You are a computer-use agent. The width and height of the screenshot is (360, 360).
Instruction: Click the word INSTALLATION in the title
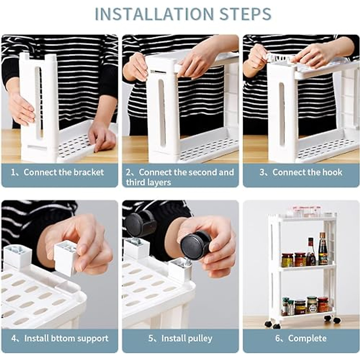tap(154, 14)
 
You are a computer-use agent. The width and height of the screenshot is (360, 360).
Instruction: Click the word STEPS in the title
tap(245, 14)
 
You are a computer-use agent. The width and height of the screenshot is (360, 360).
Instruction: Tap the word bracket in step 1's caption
tap(88, 172)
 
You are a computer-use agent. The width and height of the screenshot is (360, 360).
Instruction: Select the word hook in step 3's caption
tap(332, 172)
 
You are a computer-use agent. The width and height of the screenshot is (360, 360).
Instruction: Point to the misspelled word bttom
tap(60, 338)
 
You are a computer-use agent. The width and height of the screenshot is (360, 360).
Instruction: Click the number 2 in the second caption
tap(128, 172)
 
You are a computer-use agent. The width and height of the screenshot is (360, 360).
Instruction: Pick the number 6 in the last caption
tap(278, 338)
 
